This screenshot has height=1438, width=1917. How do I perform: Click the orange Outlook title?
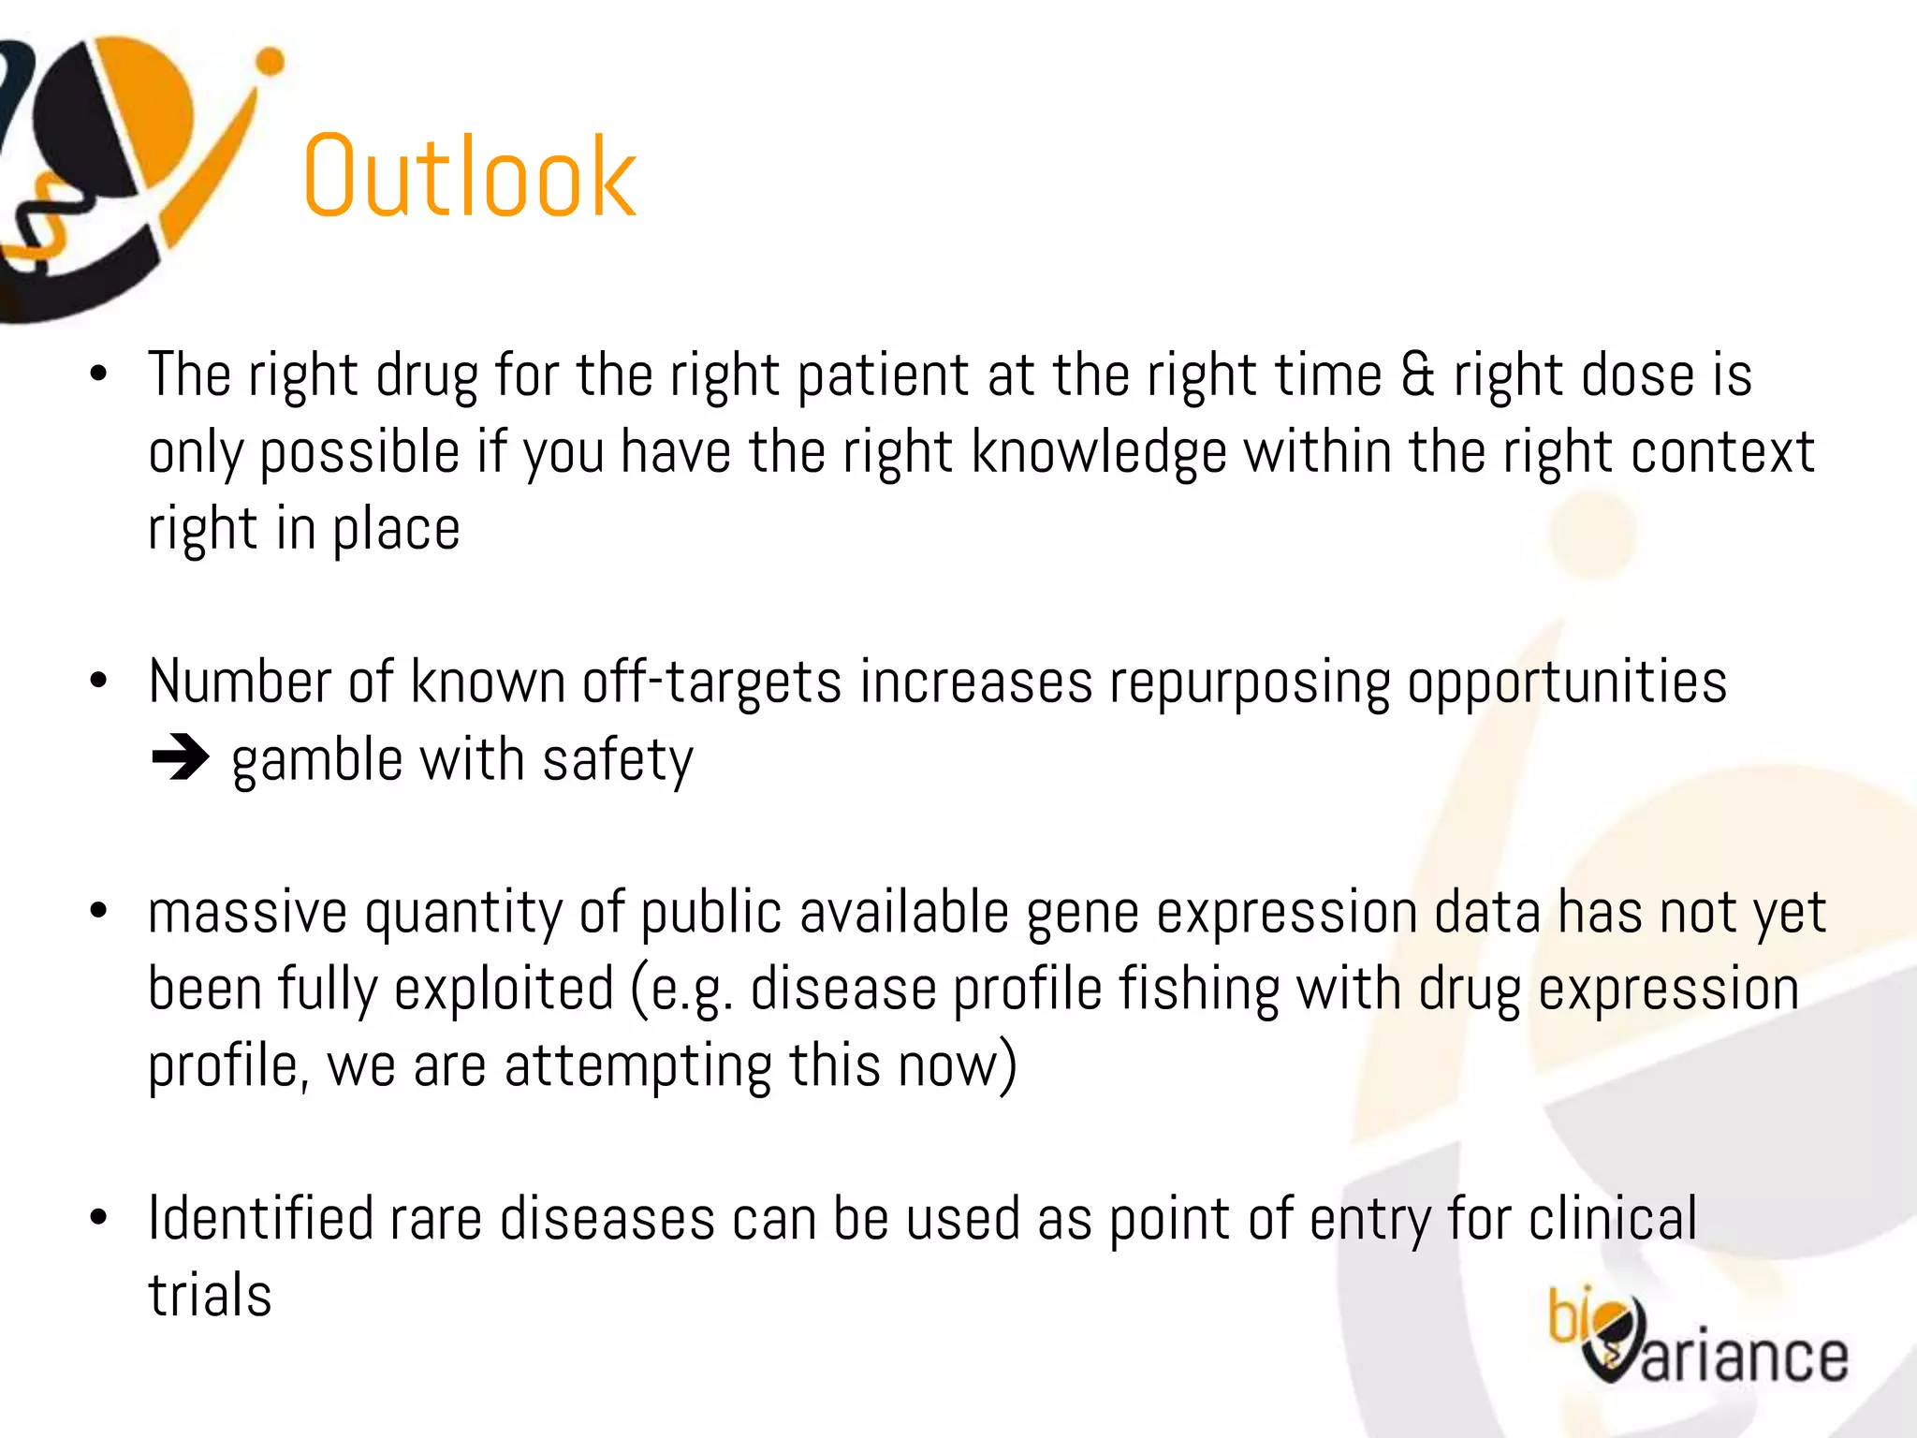[470, 178]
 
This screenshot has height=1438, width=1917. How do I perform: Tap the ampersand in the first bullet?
[1417, 376]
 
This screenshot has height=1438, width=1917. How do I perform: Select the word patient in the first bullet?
[883, 376]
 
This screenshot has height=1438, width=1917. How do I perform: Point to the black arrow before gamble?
[180, 758]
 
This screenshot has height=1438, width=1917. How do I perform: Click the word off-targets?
[711, 682]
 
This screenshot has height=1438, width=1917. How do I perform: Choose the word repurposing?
[1250, 683]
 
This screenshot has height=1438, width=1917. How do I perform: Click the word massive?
[247, 913]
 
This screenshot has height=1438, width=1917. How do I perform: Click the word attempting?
[637, 1067]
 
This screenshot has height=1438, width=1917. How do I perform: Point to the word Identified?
[260, 1219]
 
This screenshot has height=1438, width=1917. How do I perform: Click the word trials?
[210, 1296]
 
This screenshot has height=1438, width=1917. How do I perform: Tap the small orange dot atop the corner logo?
[271, 62]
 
